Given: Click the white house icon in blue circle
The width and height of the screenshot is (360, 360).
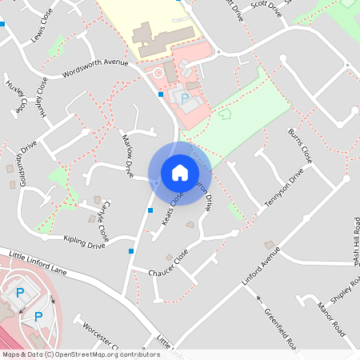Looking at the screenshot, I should tap(180, 173).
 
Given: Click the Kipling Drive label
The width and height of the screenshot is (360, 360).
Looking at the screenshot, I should tap(82, 239).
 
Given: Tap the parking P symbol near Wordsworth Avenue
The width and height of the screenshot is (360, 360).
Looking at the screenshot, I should tap(186, 98).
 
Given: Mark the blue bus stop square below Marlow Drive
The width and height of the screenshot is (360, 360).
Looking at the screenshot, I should tap(150, 210).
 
